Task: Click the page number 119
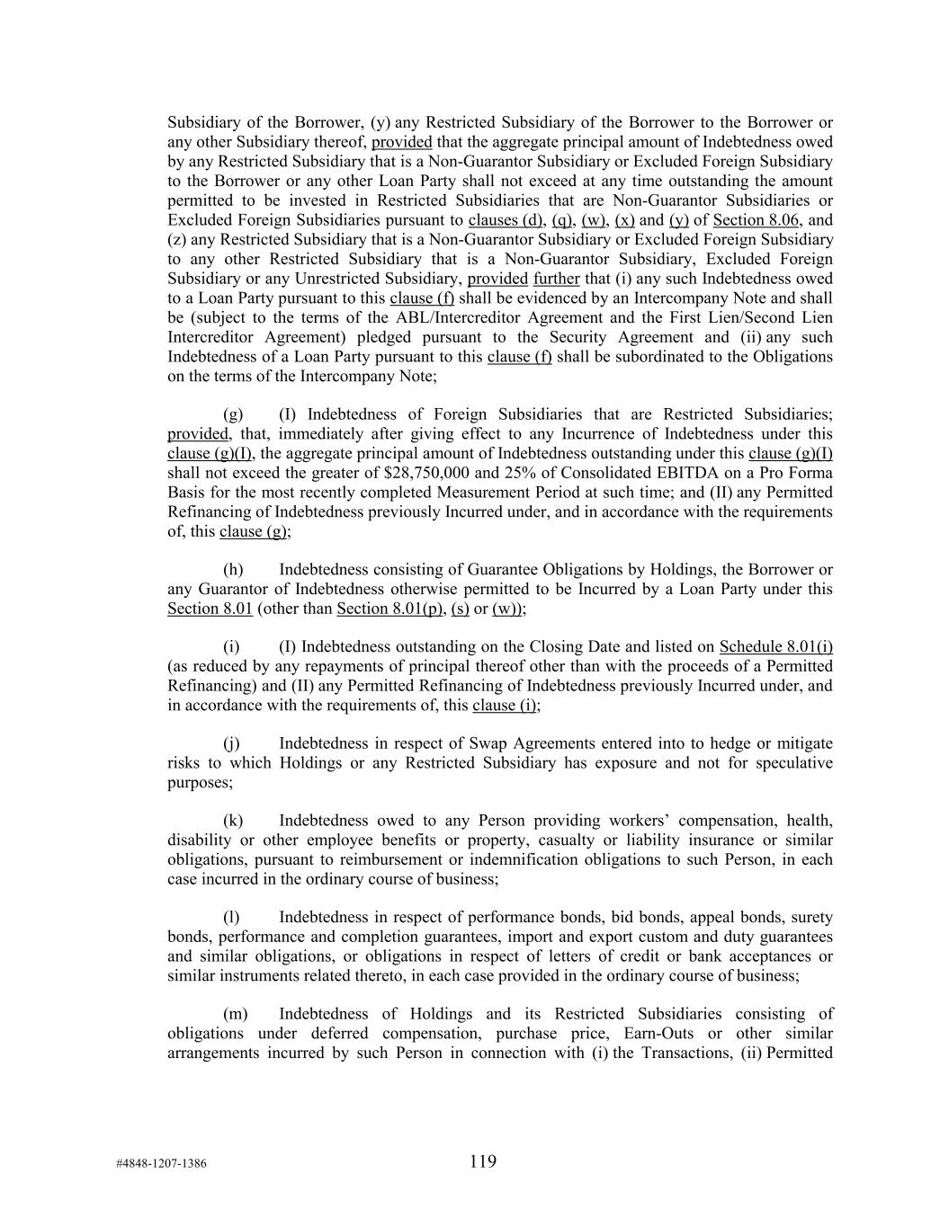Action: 482,1161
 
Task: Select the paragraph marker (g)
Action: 233,414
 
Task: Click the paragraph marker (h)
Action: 233,570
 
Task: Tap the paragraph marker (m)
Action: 235,1014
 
